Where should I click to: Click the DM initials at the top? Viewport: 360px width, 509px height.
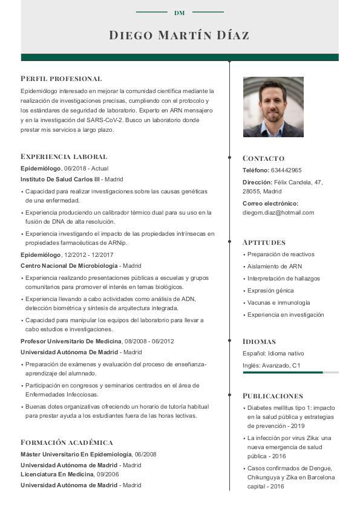pyautogui.click(x=179, y=13)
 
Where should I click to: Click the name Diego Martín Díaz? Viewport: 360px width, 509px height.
pyautogui.click(x=179, y=35)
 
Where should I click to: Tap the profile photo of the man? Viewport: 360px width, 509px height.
pyautogui.click(x=273, y=107)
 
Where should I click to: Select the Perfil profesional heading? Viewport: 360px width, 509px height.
pyautogui.click(x=61, y=79)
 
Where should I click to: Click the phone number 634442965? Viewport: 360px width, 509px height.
pyautogui.click(x=286, y=170)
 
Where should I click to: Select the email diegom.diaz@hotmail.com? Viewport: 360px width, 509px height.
pyautogui.click(x=278, y=213)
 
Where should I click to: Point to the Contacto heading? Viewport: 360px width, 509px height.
pyautogui.click(x=263, y=158)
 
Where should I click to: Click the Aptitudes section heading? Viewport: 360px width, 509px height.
pyautogui.click(x=264, y=242)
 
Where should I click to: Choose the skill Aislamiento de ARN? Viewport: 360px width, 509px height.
pyautogui.click(x=275, y=267)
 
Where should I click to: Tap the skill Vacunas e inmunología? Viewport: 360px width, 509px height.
pyautogui.click(x=278, y=303)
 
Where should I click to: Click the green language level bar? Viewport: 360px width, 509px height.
pyautogui.click(x=283, y=372)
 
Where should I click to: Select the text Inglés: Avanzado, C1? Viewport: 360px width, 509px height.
pyautogui.click(x=272, y=366)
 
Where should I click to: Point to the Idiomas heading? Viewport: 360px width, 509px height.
pyautogui.click(x=259, y=342)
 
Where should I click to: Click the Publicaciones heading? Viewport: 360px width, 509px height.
pyautogui.click(x=272, y=396)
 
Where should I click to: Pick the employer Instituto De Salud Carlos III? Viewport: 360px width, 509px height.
pyautogui.click(x=60, y=180)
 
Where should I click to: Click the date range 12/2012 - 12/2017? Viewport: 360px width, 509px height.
pyautogui.click(x=89, y=255)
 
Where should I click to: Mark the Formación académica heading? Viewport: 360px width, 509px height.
pyautogui.click(x=67, y=443)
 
